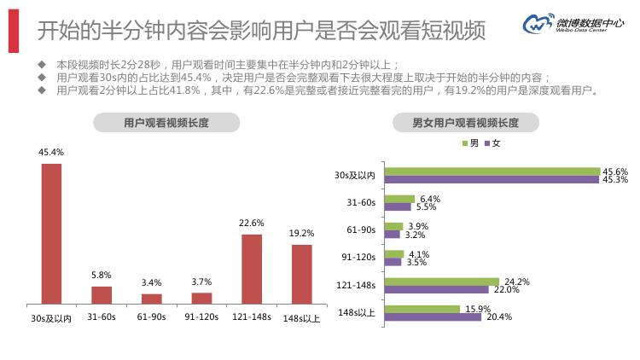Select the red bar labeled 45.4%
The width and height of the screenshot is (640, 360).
51,233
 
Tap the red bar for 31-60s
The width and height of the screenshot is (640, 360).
102,294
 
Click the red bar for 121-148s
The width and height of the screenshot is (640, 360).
252,268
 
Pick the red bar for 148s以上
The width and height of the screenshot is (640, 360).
301,273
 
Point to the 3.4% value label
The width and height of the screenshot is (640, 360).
151,282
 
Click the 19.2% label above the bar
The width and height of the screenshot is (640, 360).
301,233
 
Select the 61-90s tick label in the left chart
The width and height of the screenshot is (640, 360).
151,317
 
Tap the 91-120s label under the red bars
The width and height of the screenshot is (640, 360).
201,317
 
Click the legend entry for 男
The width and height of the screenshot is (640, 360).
470,143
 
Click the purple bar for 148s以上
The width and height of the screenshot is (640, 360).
433,317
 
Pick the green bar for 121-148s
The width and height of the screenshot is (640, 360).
441,281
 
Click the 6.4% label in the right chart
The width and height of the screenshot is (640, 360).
430,199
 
